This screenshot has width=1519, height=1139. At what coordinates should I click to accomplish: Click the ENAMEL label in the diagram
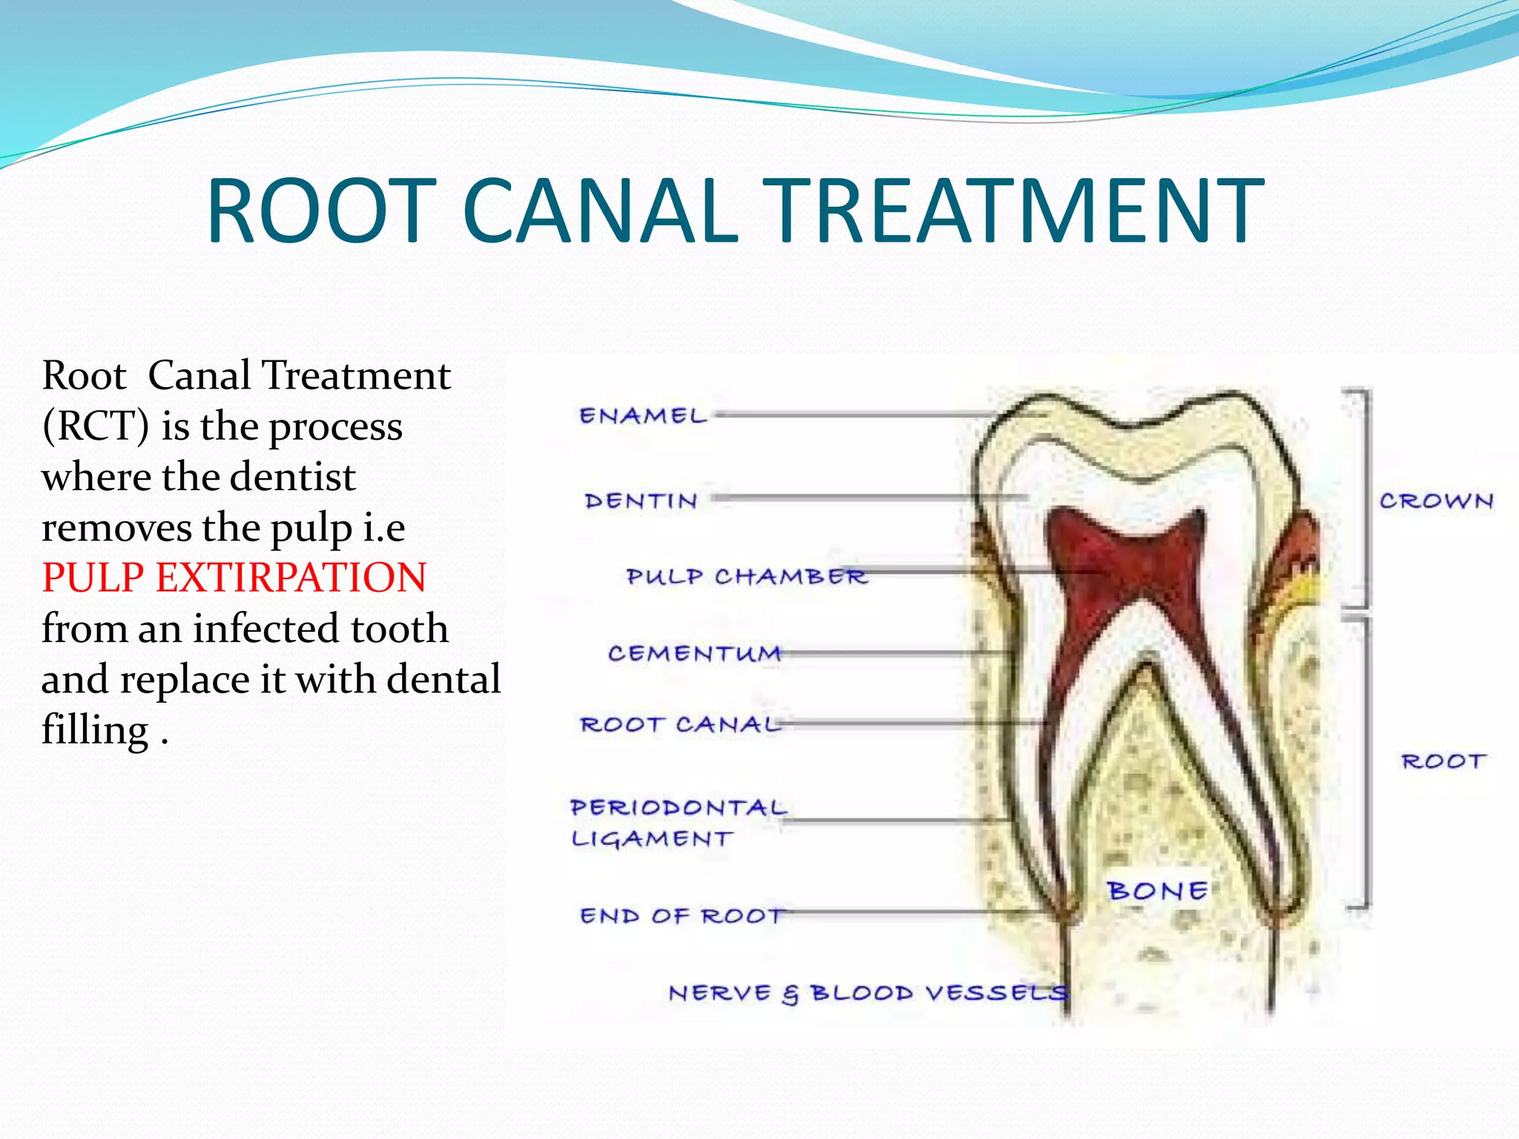(x=642, y=416)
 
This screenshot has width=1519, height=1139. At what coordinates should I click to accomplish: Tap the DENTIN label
(x=641, y=501)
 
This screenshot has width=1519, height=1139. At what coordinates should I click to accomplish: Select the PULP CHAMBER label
(x=745, y=576)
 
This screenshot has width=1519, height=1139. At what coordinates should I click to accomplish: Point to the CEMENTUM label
(x=694, y=653)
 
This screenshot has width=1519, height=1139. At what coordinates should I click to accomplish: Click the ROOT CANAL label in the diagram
(x=680, y=724)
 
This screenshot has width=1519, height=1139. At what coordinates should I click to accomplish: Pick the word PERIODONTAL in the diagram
(x=678, y=808)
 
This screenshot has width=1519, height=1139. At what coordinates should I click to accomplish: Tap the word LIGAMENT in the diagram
(x=651, y=839)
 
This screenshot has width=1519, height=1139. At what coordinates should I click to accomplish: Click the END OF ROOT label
(x=681, y=917)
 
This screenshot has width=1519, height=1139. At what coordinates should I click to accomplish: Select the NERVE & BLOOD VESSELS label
(x=868, y=993)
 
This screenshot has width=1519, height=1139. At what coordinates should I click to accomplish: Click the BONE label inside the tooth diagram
(x=1156, y=891)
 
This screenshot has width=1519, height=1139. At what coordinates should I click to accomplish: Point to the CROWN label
(x=1436, y=501)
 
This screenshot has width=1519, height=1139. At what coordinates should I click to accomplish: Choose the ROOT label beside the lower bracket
(x=1443, y=762)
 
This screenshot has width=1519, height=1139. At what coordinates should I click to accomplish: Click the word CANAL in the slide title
(x=601, y=211)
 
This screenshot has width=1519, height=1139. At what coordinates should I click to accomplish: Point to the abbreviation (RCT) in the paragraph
(x=96, y=426)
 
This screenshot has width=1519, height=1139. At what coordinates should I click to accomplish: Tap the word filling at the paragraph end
(x=95, y=730)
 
